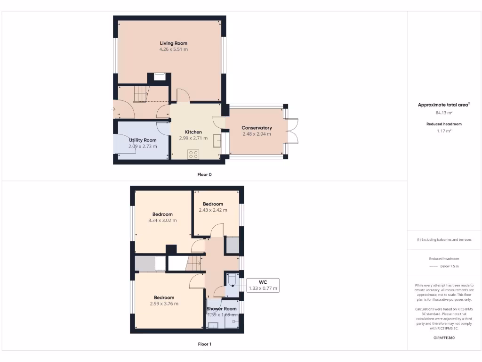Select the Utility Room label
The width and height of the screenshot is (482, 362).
pos(143,140)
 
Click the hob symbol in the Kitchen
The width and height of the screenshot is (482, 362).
pos(193,154)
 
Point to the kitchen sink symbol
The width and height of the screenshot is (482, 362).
pos(217,140)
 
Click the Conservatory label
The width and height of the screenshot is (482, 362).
pos(257,128)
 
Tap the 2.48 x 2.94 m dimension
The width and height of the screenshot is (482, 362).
pos(257,134)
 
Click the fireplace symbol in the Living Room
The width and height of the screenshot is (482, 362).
pos(160,76)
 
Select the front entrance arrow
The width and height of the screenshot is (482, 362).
pos(113,110)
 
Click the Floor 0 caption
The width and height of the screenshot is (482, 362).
pos(204,174)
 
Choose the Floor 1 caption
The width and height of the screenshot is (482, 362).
pos(204,344)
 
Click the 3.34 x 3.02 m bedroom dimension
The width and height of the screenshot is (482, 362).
pos(162,220)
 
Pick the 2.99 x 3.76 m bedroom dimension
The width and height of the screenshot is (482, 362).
pos(164,304)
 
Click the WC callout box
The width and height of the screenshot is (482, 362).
pos(263,285)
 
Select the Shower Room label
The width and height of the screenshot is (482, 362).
pos(221,309)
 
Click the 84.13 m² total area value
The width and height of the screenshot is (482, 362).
pos(444,113)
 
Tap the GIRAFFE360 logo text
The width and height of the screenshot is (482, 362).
pos(444,337)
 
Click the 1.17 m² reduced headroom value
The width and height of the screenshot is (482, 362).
pos(444,131)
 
